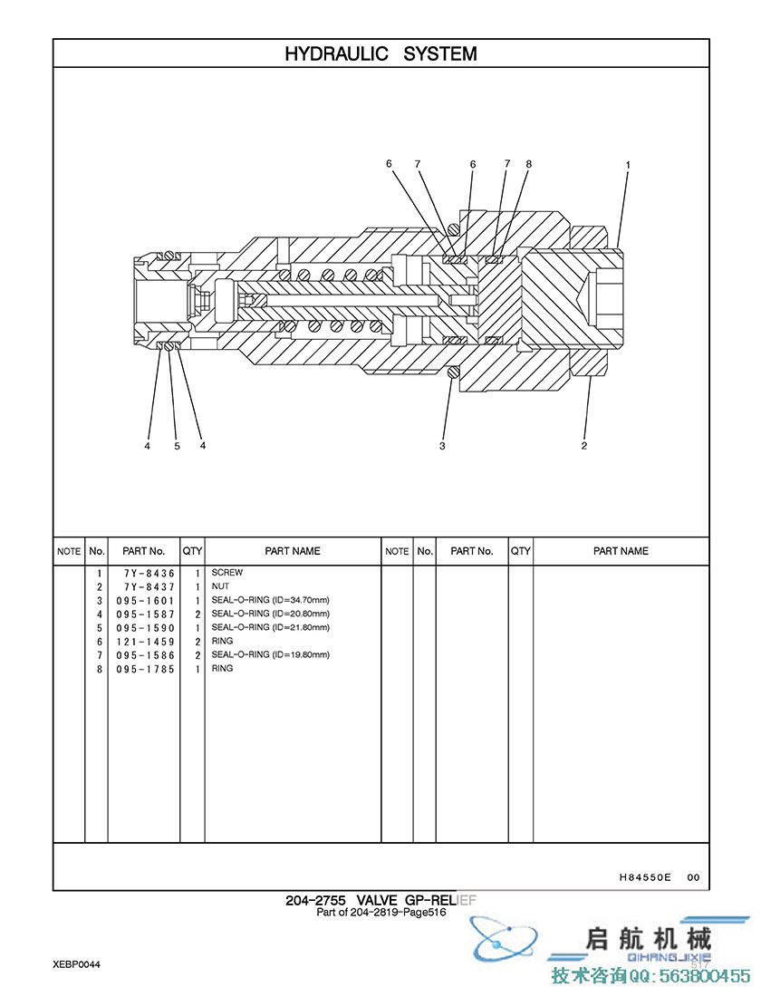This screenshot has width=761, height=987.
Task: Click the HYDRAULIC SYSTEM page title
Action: (380, 53)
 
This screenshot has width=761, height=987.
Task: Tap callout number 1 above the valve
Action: (628, 165)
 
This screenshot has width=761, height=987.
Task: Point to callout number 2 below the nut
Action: (584, 446)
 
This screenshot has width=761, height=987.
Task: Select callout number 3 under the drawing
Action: (442, 446)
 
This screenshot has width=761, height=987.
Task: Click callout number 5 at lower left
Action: (177, 446)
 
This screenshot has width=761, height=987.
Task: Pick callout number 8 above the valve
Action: (529, 164)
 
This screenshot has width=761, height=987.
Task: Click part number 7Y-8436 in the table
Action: (149, 574)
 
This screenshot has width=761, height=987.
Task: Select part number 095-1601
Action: (145, 601)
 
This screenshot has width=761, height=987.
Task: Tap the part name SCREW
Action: (227, 573)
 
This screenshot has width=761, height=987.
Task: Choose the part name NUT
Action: (220, 586)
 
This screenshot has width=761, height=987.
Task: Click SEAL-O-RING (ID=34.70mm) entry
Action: (271, 600)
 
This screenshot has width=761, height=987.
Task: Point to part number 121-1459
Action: (145, 642)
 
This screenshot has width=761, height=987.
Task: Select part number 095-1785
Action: (145, 669)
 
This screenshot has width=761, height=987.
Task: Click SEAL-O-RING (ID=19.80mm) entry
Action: (271, 654)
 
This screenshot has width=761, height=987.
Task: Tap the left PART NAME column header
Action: (293, 551)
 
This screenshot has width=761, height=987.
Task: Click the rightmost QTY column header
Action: (521, 551)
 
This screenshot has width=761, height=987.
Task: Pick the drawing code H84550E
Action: (645, 876)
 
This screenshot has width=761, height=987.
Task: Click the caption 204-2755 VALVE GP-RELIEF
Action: (380, 900)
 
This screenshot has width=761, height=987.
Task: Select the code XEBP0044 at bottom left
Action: (76, 964)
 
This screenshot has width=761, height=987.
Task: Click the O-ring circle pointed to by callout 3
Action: (453, 373)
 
